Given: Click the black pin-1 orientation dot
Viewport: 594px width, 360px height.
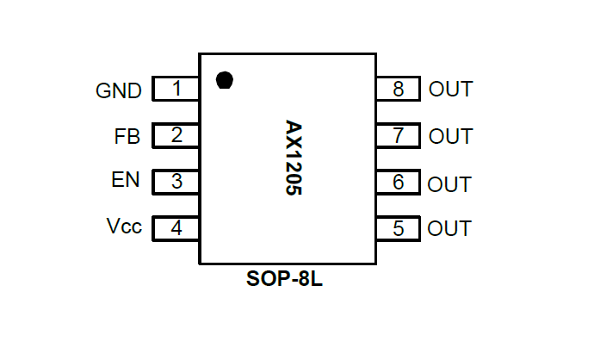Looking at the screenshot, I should (x=225, y=80).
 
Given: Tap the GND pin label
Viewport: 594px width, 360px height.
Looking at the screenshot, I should (x=119, y=90).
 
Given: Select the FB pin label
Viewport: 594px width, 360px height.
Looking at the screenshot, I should (x=127, y=136).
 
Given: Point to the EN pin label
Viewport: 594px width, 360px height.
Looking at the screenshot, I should (x=126, y=181).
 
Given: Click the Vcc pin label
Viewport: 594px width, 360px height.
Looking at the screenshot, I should (x=124, y=227).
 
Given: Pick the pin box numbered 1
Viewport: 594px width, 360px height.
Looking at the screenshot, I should (x=176, y=89).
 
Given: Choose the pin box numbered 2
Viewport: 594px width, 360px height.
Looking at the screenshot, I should (x=176, y=135).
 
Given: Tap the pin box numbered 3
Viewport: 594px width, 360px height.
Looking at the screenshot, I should (x=176, y=182).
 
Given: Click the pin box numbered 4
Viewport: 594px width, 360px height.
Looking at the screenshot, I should (x=176, y=228).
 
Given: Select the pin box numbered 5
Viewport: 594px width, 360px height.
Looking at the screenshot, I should (x=398, y=228).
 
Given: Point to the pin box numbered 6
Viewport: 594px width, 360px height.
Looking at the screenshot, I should (x=398, y=182).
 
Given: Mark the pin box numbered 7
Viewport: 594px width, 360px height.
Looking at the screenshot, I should (x=398, y=135).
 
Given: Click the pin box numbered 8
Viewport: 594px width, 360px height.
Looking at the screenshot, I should (x=398, y=89).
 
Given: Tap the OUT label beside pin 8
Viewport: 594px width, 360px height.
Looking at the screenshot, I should (x=450, y=90).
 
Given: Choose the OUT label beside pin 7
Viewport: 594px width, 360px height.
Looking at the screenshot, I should (x=450, y=136).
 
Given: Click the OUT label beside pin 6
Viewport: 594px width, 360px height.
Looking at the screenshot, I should (x=449, y=184).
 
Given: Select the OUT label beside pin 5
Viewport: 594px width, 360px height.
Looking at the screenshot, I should (x=449, y=229).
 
